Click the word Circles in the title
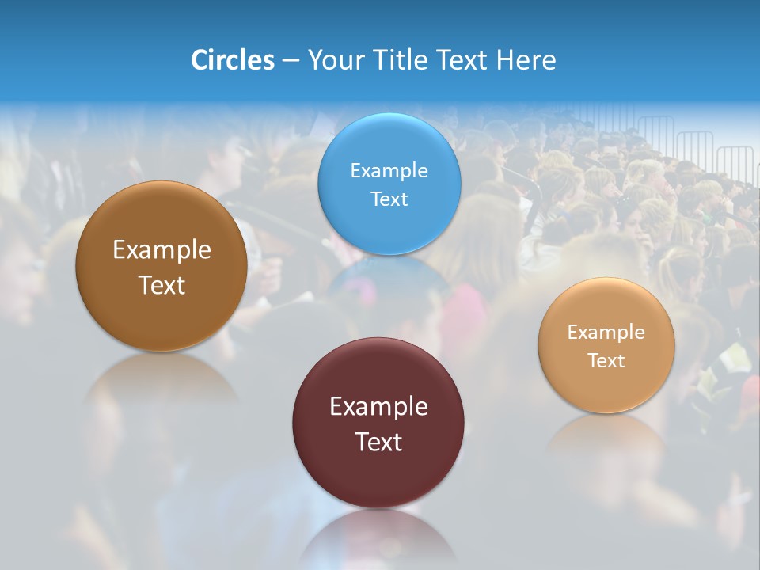coord(232,60)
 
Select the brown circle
coord(161,317)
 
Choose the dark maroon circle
coord(378,475)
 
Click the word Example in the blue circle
coord(389,170)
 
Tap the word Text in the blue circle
coord(389,199)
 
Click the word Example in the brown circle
coord(161,250)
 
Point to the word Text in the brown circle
coord(161,285)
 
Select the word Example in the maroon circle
coord(378,407)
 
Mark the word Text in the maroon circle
coord(378,442)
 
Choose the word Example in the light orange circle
coord(606,332)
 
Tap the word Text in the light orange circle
coord(606,361)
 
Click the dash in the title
coord(291,61)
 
